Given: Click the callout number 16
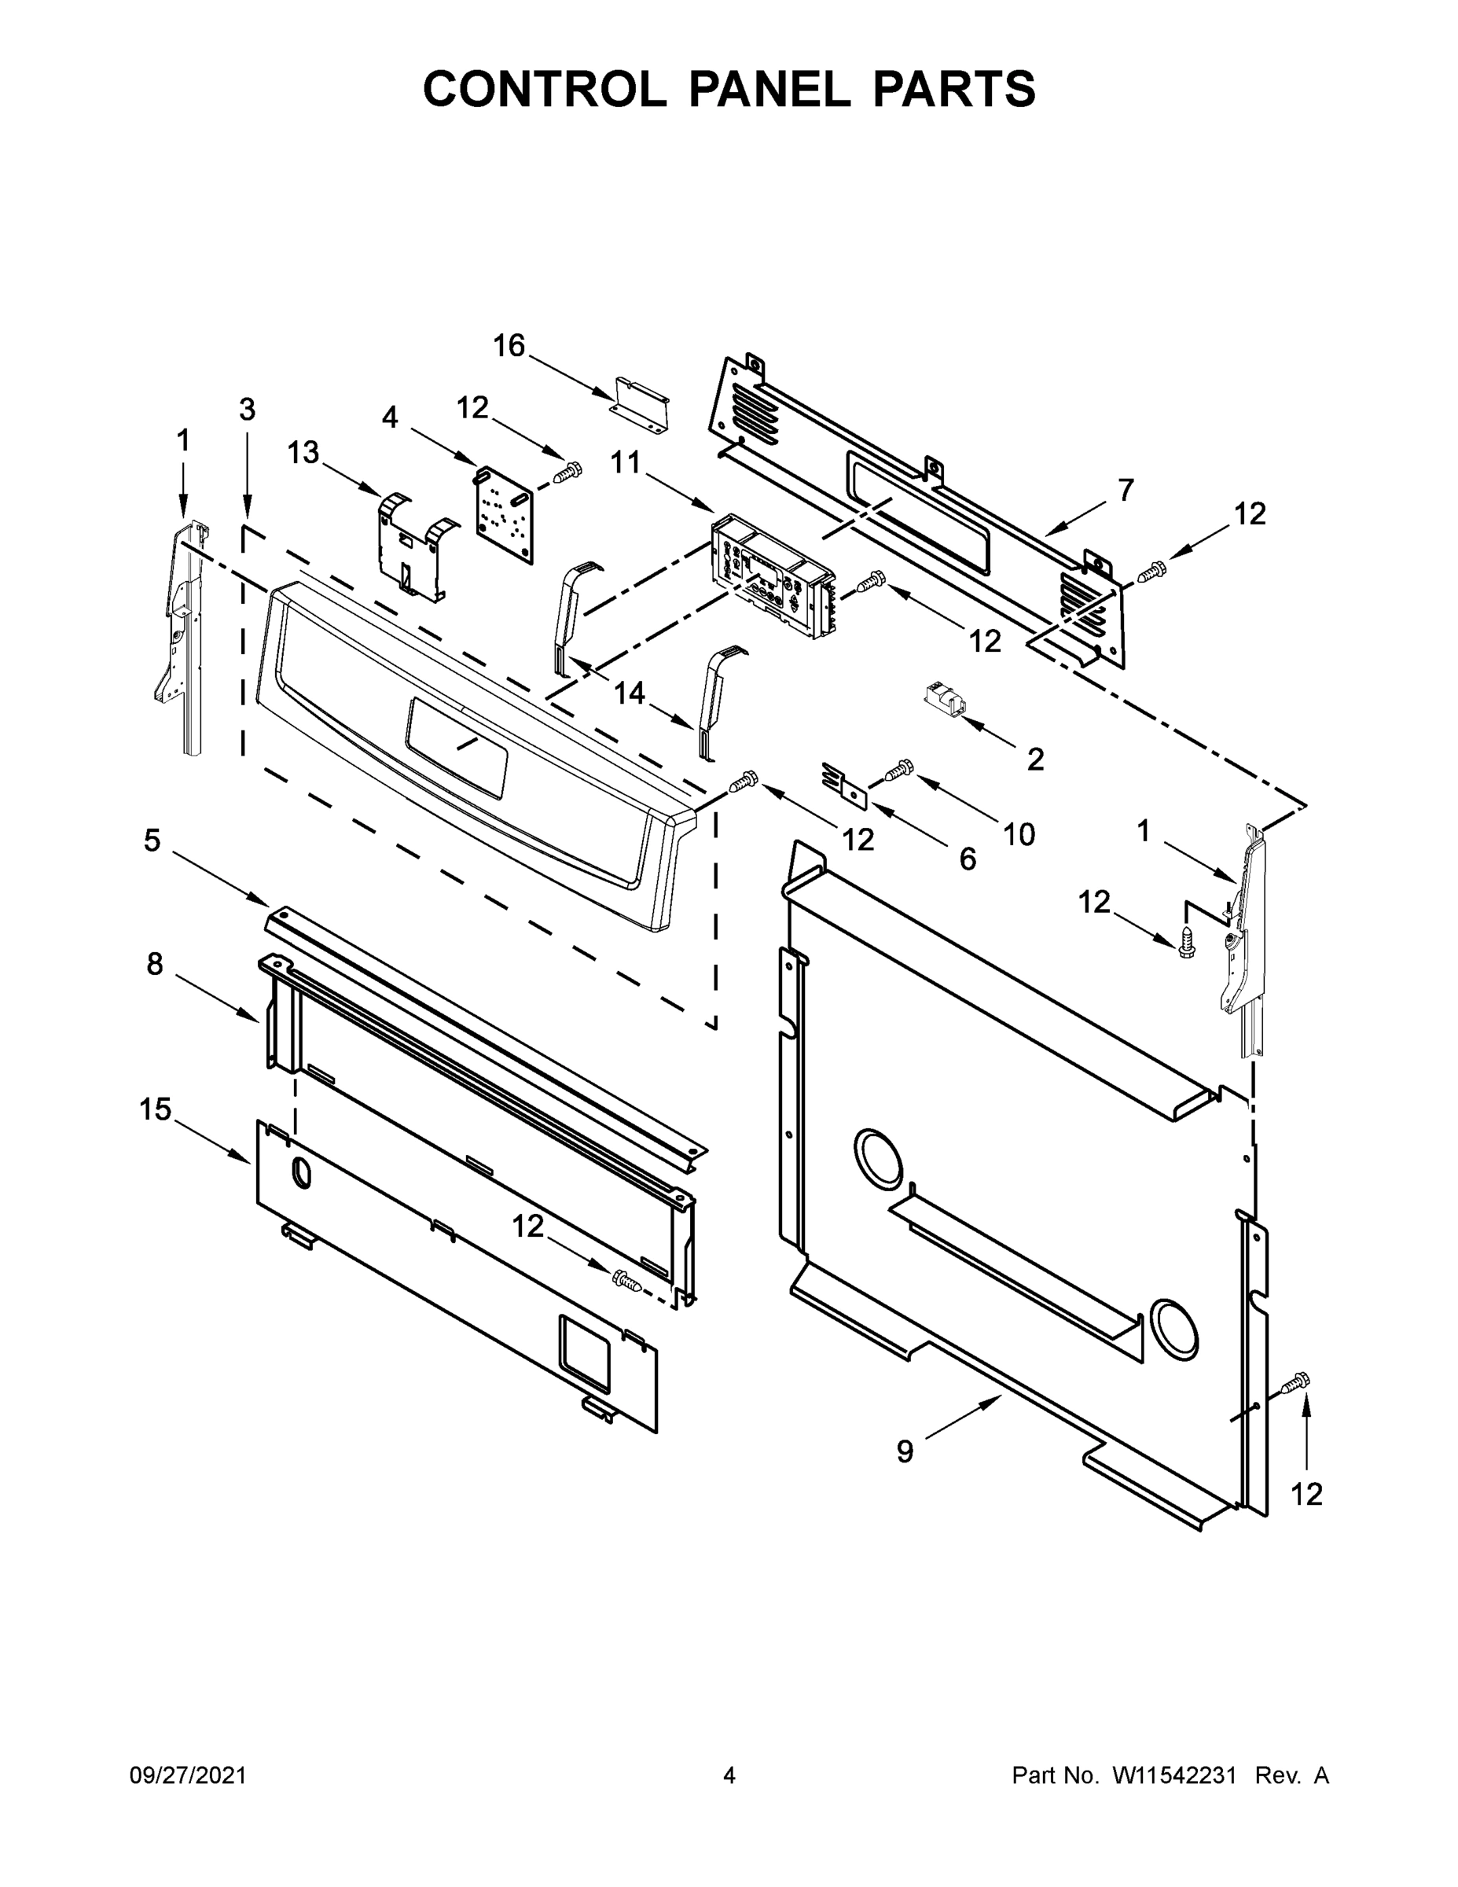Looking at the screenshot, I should click(x=509, y=346).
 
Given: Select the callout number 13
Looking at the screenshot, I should click(x=303, y=452).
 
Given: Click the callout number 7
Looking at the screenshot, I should click(x=1125, y=490).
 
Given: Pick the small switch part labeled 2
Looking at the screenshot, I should click(x=944, y=697).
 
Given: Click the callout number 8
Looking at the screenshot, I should click(x=155, y=963).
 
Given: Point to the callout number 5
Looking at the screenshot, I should click(x=152, y=840).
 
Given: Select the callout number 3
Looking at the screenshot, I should click(x=247, y=409).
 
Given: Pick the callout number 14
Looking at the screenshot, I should click(x=630, y=692).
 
